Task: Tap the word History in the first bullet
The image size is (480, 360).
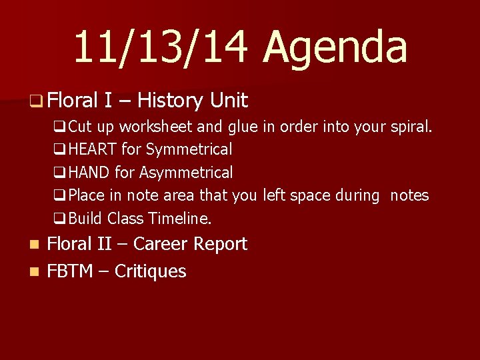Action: pos(169,101)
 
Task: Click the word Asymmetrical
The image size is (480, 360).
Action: pos(186,173)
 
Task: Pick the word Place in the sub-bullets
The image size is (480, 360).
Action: pos(87,195)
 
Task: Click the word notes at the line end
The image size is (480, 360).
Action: pos(409,195)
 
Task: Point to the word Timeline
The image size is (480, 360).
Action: pos(183,218)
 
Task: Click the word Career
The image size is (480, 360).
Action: pos(162,244)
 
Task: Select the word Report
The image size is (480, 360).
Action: pos(221,244)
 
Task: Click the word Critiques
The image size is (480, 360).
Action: pos(150,271)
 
